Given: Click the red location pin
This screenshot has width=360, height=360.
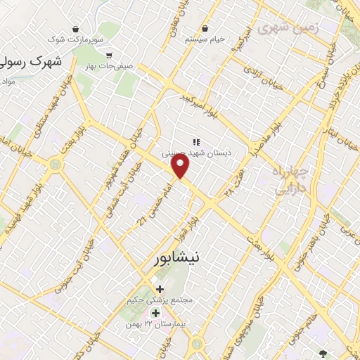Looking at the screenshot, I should coord(181,167).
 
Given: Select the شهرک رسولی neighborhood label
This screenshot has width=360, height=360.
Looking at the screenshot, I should coord(32,62).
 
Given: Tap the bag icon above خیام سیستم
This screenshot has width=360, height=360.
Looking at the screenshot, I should coord(204,28).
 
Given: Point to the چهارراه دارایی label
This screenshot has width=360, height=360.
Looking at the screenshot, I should coord(289,180).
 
